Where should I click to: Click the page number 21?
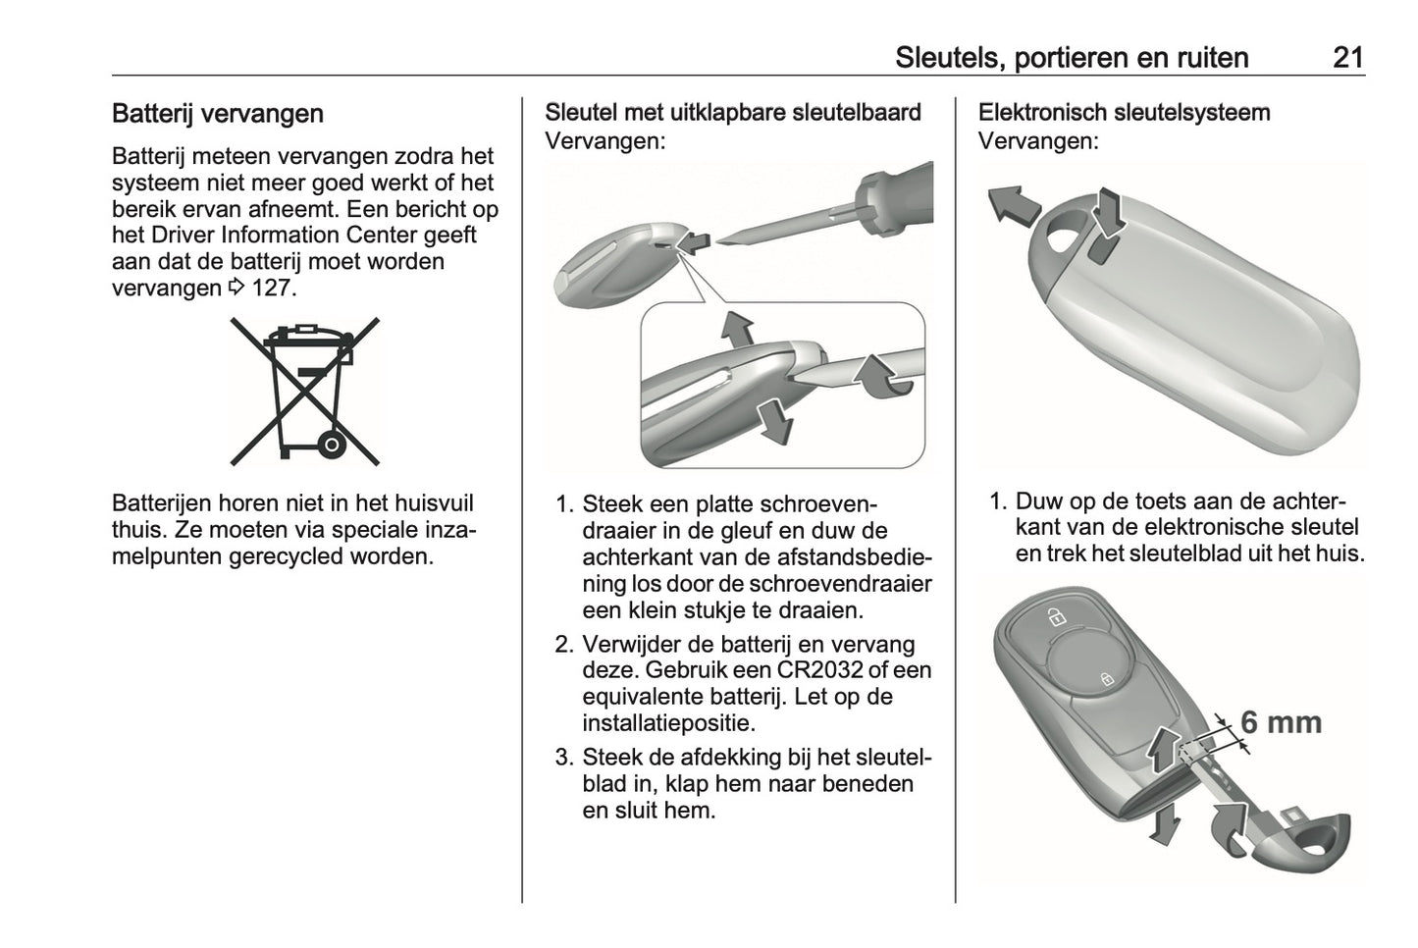[x=1348, y=58]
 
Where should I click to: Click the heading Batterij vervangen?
[x=218, y=114]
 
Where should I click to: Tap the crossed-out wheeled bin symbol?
[x=305, y=392]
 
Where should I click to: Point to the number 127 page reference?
[x=274, y=289]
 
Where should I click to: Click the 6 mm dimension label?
[x=1282, y=722]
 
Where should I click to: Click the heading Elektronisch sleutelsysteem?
[x=1125, y=113]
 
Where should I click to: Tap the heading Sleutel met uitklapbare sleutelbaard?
[x=733, y=113]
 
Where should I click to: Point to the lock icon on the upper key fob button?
[x=1055, y=616]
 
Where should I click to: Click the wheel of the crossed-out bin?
[x=332, y=445]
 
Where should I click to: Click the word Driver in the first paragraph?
[x=183, y=235]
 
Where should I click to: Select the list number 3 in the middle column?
[x=564, y=758]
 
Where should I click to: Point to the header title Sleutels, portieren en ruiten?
[x=1072, y=58]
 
